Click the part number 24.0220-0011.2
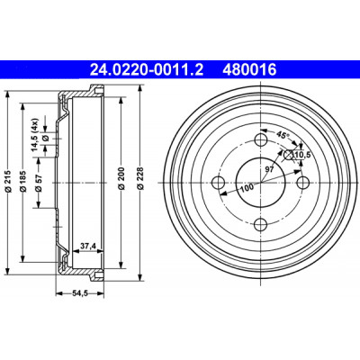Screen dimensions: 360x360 click(x=147, y=70)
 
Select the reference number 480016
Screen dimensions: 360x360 click(x=249, y=70)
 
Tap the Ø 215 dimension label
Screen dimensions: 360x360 click(x=8, y=181)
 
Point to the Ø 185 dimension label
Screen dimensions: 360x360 click(x=23, y=181)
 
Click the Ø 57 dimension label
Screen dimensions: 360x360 click(x=39, y=183)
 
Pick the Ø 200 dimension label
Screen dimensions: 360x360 click(x=121, y=180)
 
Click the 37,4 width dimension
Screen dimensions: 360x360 click(x=88, y=247)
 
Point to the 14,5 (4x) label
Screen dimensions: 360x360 click(x=35, y=134)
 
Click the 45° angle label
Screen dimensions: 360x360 click(x=283, y=135)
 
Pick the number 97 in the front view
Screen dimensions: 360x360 click(x=269, y=169)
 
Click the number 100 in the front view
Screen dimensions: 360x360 click(x=247, y=187)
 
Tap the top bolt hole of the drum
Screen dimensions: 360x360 click(x=261, y=139)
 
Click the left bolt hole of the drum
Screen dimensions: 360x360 click(x=218, y=182)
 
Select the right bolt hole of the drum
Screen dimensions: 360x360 click(x=303, y=182)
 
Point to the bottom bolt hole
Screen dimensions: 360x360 click(x=261, y=225)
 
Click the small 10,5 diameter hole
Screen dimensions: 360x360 click(x=289, y=155)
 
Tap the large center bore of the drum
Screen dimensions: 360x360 click(x=261, y=182)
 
